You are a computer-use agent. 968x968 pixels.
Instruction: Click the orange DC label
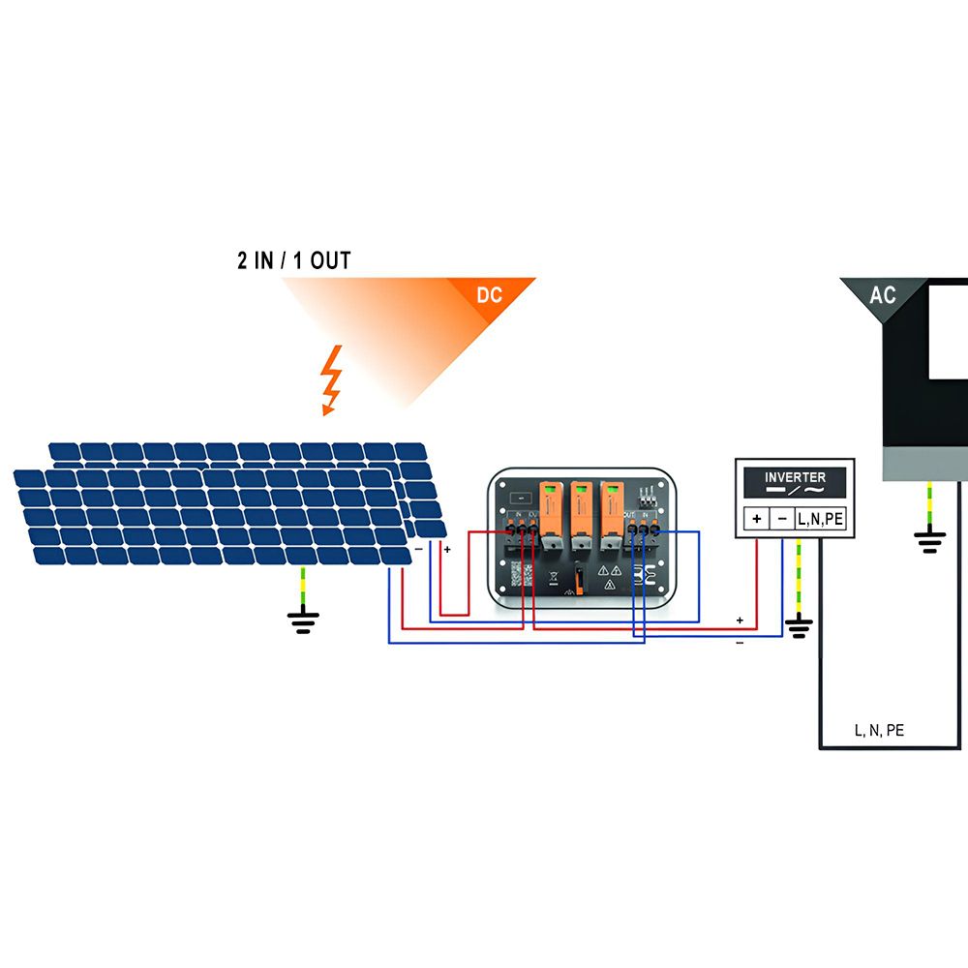490,295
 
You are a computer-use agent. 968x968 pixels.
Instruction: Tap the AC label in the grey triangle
883,295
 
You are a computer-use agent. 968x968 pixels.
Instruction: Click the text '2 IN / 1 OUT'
294,260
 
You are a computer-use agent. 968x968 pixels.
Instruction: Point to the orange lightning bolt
332,379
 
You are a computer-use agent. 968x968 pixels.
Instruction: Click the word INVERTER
795,477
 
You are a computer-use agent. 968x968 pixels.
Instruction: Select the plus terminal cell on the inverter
755,519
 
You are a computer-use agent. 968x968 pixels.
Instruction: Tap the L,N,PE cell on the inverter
821,519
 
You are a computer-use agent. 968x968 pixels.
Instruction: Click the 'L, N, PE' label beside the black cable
879,730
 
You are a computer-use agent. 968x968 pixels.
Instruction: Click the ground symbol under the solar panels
304,620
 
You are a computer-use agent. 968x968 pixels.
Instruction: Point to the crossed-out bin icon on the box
553,583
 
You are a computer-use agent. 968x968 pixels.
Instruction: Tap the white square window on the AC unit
949,329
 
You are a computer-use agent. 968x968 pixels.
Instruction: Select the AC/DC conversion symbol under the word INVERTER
795,492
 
